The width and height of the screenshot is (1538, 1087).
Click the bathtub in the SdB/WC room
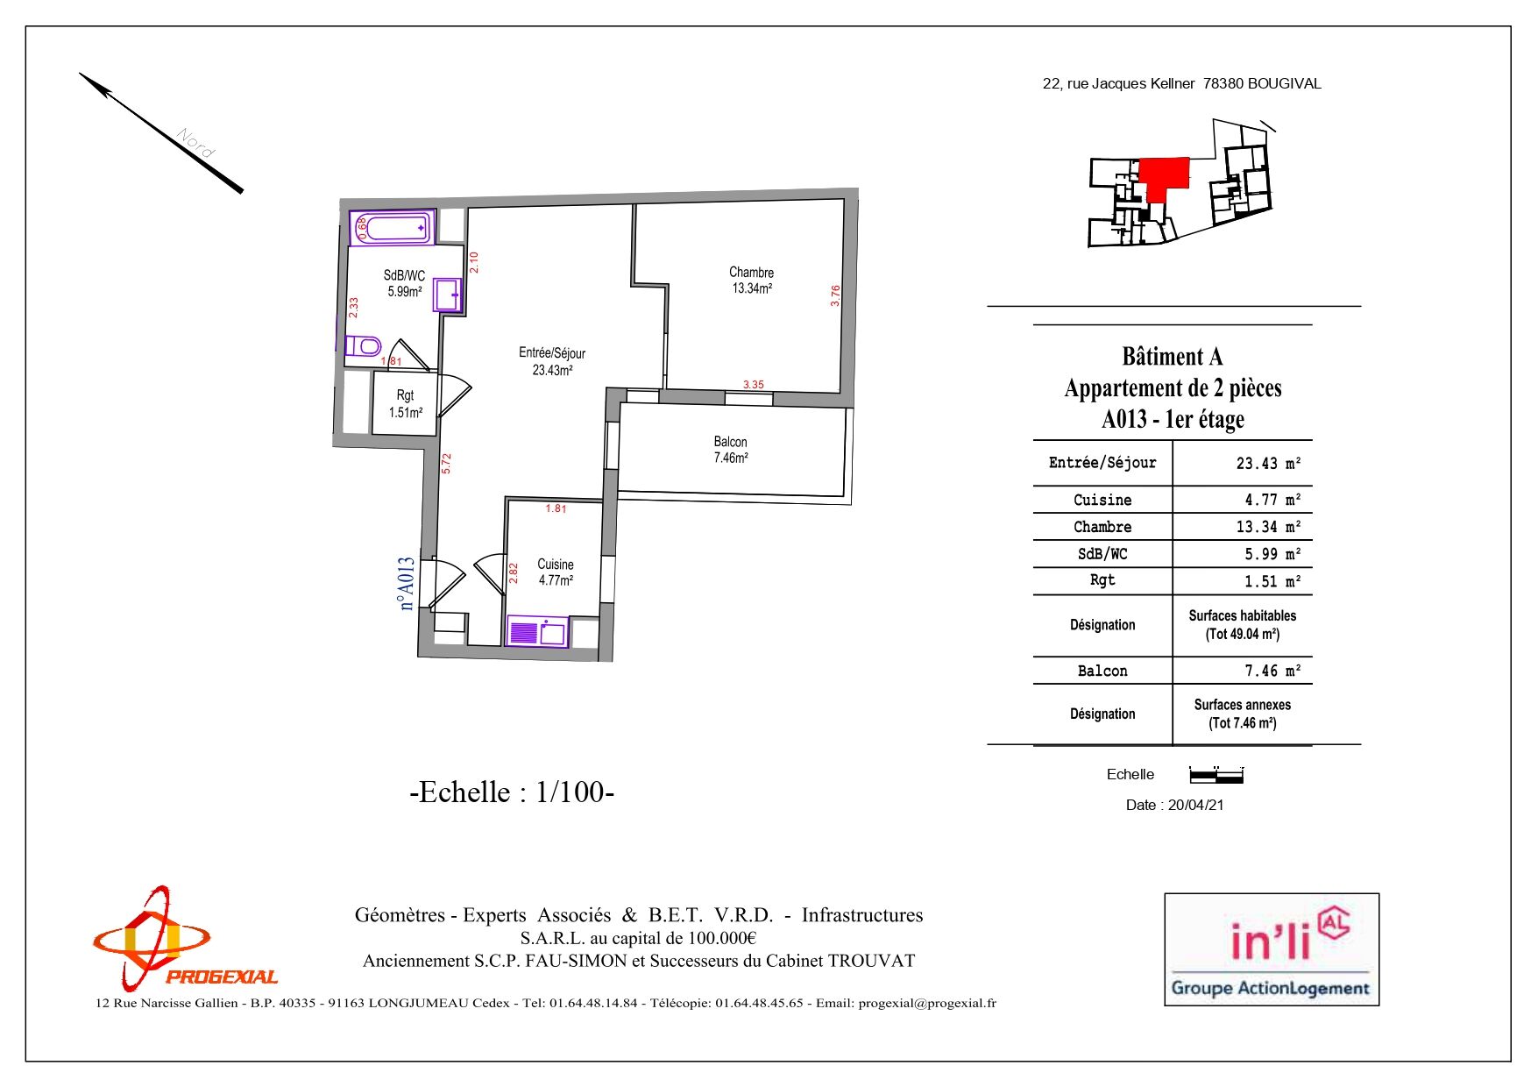393,228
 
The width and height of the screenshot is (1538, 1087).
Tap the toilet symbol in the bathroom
363,345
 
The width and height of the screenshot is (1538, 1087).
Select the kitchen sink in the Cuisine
538,632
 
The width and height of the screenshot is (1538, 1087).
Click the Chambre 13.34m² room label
752,281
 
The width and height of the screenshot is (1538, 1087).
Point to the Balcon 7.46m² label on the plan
731,450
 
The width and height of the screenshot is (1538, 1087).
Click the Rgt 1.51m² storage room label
406,404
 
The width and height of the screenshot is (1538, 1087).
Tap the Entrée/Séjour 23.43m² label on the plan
552,361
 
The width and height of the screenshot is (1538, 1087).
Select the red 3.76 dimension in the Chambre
835,295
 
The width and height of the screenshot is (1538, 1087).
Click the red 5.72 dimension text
446,463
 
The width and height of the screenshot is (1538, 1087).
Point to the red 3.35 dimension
754,384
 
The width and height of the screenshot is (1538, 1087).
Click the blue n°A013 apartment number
407,583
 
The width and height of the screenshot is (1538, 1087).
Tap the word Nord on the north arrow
195,143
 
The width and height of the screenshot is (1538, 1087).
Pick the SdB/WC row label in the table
1102,554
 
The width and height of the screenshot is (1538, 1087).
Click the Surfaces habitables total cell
1243,625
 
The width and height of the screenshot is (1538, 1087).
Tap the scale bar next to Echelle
1216,775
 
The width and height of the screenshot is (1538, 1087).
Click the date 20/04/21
1195,805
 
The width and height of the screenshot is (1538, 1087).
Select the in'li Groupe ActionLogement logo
1272,949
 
